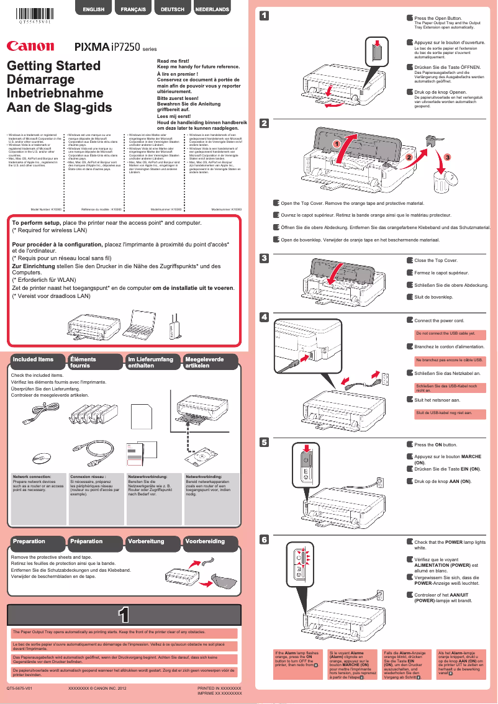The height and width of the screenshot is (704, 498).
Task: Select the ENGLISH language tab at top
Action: pyautogui.click(x=93, y=9)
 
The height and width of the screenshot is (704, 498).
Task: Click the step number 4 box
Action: pyautogui.click(x=265, y=317)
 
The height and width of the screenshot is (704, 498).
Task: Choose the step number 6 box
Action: pyautogui.click(x=265, y=539)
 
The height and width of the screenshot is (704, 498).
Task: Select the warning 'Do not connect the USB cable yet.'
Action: pyautogui.click(x=441, y=333)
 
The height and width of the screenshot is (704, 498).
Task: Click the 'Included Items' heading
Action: pyautogui.click(x=34, y=359)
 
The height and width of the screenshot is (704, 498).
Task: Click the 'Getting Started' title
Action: pyautogui.click(x=53, y=66)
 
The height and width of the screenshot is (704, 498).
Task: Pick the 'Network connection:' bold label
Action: pyautogui.click(x=34, y=476)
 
